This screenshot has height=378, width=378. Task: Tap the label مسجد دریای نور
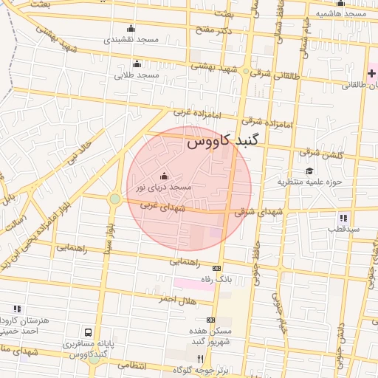163,188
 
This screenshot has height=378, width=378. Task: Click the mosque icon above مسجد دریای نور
163,176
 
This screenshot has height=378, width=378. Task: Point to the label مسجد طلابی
137,75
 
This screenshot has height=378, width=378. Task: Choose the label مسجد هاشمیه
341,14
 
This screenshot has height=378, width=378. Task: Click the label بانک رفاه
218,280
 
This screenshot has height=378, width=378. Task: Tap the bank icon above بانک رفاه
216,268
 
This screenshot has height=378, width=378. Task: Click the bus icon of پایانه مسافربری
89,333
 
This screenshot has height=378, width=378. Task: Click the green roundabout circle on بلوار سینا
114,199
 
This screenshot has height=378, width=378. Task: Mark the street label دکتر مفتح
215,30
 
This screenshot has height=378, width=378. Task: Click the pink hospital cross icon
371,74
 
